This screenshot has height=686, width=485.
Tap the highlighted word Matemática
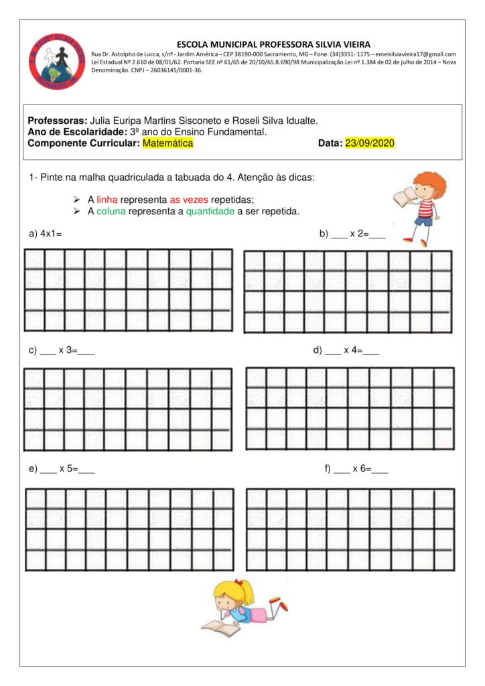(167, 143)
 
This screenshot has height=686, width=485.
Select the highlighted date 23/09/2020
(370, 143)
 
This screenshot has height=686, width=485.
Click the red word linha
(107, 200)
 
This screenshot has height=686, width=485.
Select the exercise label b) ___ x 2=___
(352, 234)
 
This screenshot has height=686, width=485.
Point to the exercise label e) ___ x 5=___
(62, 468)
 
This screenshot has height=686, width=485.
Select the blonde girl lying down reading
(244, 606)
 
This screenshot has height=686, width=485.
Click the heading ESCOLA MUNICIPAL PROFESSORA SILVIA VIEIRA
(273, 44)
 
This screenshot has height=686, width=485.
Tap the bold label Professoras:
(58, 121)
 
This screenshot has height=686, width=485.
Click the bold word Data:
(330, 143)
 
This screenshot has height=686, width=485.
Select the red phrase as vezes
(189, 200)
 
